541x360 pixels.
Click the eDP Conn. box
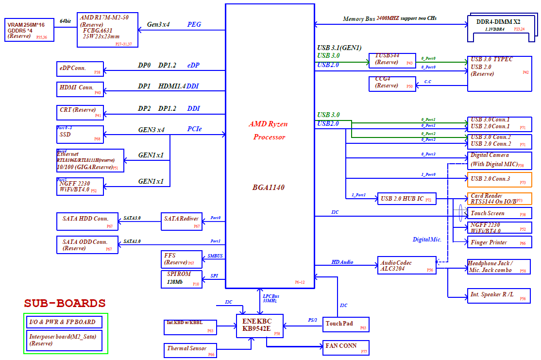click(80, 69)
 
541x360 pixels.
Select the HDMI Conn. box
click(80, 89)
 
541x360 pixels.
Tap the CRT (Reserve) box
click(80, 113)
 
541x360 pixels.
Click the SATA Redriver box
click(181, 221)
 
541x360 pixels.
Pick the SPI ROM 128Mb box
click(181, 279)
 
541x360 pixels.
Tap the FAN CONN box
click(346, 347)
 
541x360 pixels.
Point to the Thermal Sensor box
click(190, 350)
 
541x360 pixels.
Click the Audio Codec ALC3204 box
click(406, 265)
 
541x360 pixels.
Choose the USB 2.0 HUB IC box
click(407, 199)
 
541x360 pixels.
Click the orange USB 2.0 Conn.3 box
click(499, 179)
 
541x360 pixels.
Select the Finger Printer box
click(499, 242)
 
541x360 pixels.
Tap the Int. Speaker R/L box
click(499, 296)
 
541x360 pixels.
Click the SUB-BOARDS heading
click(65, 304)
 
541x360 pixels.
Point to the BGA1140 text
click(269, 187)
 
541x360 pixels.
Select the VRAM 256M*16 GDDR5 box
click(30, 30)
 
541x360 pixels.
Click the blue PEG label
click(194, 24)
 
